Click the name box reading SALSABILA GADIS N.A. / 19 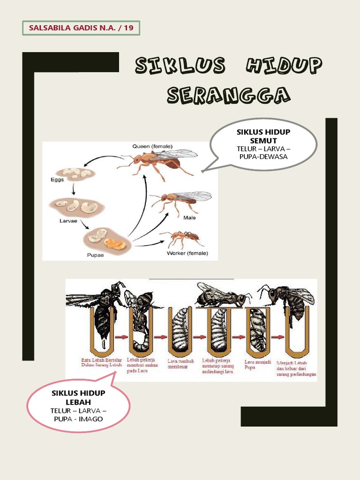[x=81, y=28]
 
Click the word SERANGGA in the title [x=228, y=95]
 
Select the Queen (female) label [x=152, y=146]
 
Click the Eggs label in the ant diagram [x=57, y=180]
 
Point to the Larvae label [x=68, y=221]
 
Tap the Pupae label [x=95, y=255]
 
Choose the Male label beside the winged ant [x=189, y=217]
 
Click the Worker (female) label [x=187, y=253]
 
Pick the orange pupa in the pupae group [x=115, y=244]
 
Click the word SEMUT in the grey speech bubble [x=263, y=141]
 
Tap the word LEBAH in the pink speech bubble [x=78, y=402]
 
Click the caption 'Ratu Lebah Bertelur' [x=102, y=360]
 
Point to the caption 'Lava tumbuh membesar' [x=180, y=364]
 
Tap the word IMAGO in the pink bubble [x=90, y=419]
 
